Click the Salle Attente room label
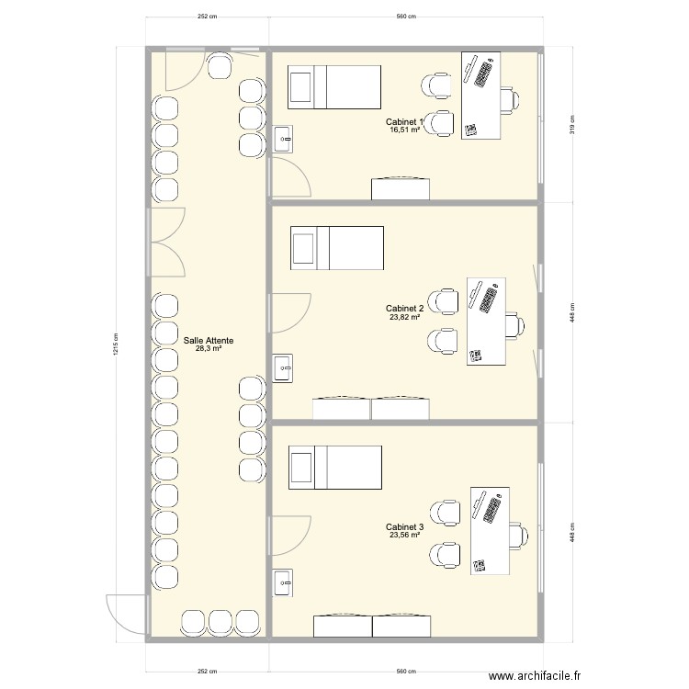click(209, 340)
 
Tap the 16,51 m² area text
click(404, 130)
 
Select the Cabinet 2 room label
click(405, 309)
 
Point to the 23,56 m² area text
click(404, 535)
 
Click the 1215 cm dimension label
click(117, 344)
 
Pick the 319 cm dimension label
click(572, 124)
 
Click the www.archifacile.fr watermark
click(535, 675)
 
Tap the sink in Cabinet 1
click(283, 139)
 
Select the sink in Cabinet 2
click(283, 367)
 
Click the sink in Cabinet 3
click(283, 583)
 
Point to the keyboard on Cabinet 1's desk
click(483, 74)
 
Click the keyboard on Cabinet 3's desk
click(492, 510)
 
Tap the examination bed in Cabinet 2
click(337, 248)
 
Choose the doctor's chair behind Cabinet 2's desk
click(514, 325)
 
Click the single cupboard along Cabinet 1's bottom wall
click(401, 188)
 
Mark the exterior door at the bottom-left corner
click(126, 614)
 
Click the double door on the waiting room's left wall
click(166, 243)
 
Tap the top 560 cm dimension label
click(406, 17)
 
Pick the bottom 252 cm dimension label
click(207, 671)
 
